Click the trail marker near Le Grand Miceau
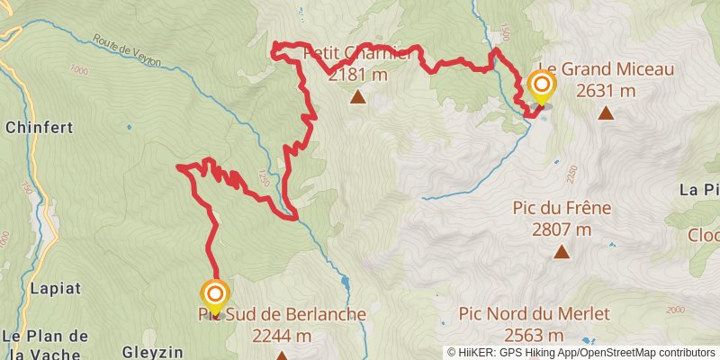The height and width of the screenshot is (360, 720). pos(542,86)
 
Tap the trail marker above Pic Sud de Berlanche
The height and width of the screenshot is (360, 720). pos(215,294)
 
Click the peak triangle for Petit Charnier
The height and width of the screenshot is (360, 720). pos(358,97)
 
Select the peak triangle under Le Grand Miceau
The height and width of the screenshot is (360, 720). pos(606,113)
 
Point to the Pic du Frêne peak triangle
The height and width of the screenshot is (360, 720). pos(562,252)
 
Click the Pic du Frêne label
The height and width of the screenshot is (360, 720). pos(562,208)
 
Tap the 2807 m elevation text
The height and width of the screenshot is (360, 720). pos(562,229)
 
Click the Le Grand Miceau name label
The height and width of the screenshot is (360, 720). pos(605,68)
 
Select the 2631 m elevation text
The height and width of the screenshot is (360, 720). pos(606,90)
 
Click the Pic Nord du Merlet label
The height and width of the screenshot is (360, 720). pos(535,314)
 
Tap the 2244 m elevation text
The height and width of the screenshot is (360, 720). pos(282,336)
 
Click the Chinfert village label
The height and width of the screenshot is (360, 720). pos(39,128)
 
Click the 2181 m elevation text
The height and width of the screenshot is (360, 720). pos(358,75)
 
